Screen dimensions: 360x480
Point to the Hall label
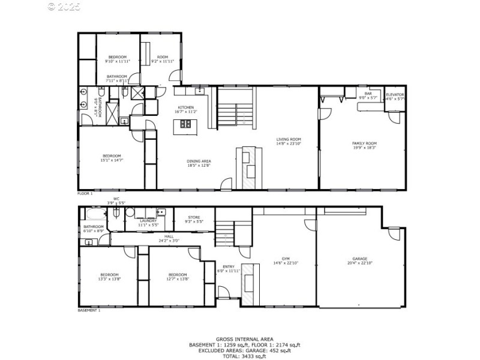pos(169,238)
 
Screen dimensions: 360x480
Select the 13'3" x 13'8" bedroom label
pos(110,277)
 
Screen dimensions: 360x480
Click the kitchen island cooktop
pos(186,125)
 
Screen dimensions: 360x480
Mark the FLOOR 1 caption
pos(85,194)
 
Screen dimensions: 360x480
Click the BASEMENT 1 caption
pos(89,311)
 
